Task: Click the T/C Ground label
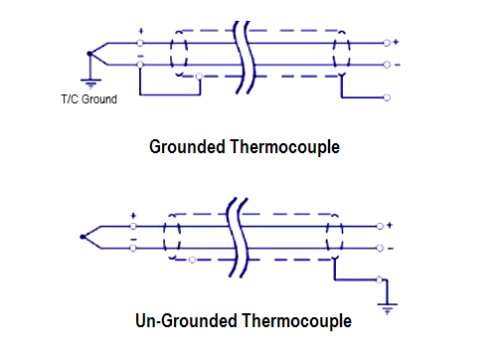coord(89,98)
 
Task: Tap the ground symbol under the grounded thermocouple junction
coord(91,85)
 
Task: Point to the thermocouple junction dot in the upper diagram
coord(91,53)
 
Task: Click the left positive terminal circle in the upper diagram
coord(140,44)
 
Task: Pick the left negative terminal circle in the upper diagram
coord(140,66)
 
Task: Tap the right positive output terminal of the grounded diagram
coord(386,44)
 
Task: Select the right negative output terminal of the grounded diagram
coord(386,66)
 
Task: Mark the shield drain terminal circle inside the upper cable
coord(201,77)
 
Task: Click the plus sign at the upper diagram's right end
coord(396,42)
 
